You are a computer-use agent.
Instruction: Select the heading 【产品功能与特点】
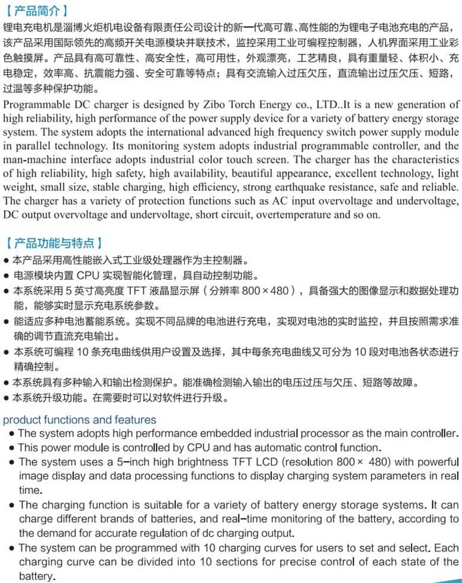pos(53,243)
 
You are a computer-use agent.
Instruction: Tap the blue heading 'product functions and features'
pos(80,420)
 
